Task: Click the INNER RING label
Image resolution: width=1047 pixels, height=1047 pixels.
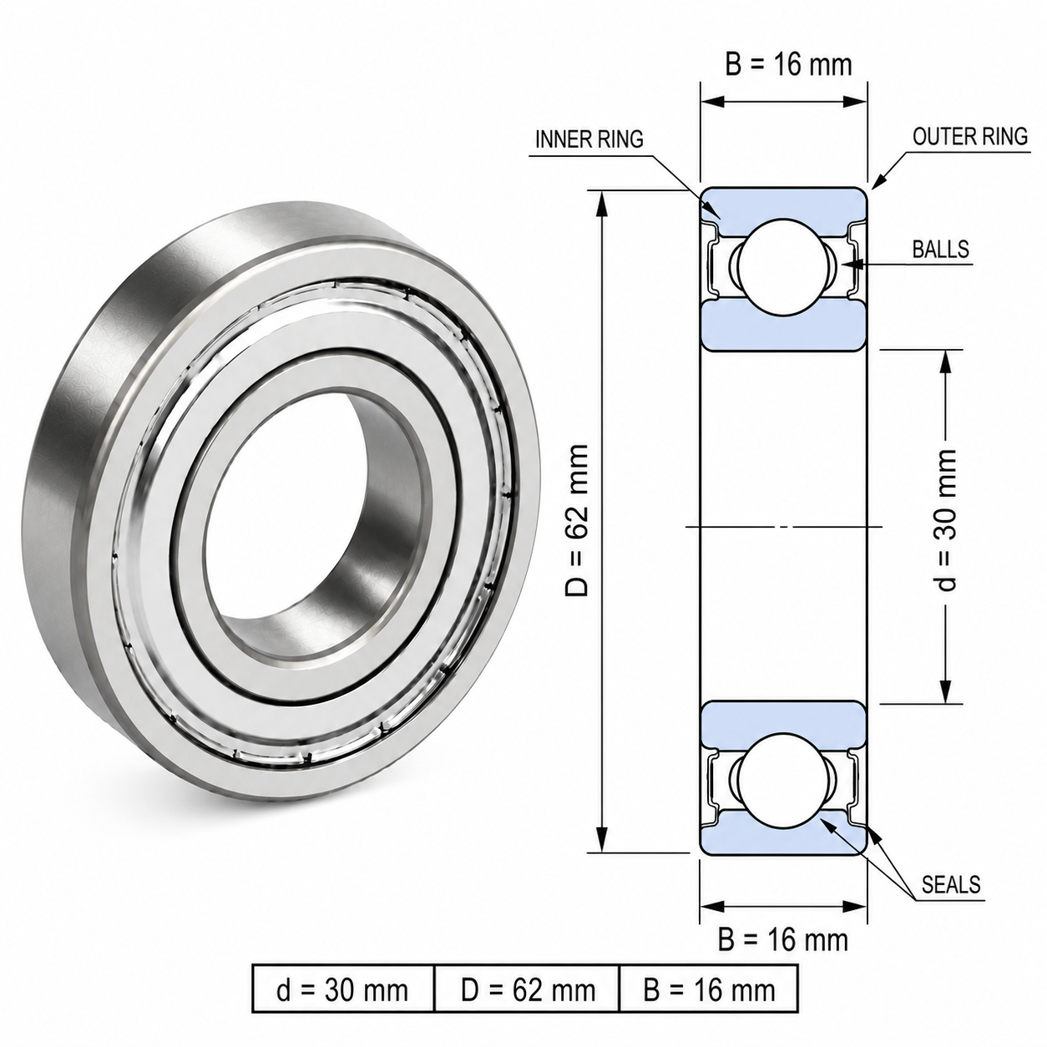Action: pos(589,139)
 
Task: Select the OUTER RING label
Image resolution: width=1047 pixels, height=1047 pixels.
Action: pos(970,136)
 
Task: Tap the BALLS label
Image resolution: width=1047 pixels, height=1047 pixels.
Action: pos(940,249)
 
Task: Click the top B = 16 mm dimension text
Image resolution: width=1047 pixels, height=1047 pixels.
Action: pos(788,64)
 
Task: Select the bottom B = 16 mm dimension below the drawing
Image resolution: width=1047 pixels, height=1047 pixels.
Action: pos(783,940)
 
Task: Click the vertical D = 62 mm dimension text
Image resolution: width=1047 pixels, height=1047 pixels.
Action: pos(576,520)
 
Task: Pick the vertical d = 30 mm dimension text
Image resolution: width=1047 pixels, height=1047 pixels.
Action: pos(946,520)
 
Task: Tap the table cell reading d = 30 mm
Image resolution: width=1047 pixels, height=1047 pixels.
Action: pos(342,990)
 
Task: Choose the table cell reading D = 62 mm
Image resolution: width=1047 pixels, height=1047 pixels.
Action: pos(528,990)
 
